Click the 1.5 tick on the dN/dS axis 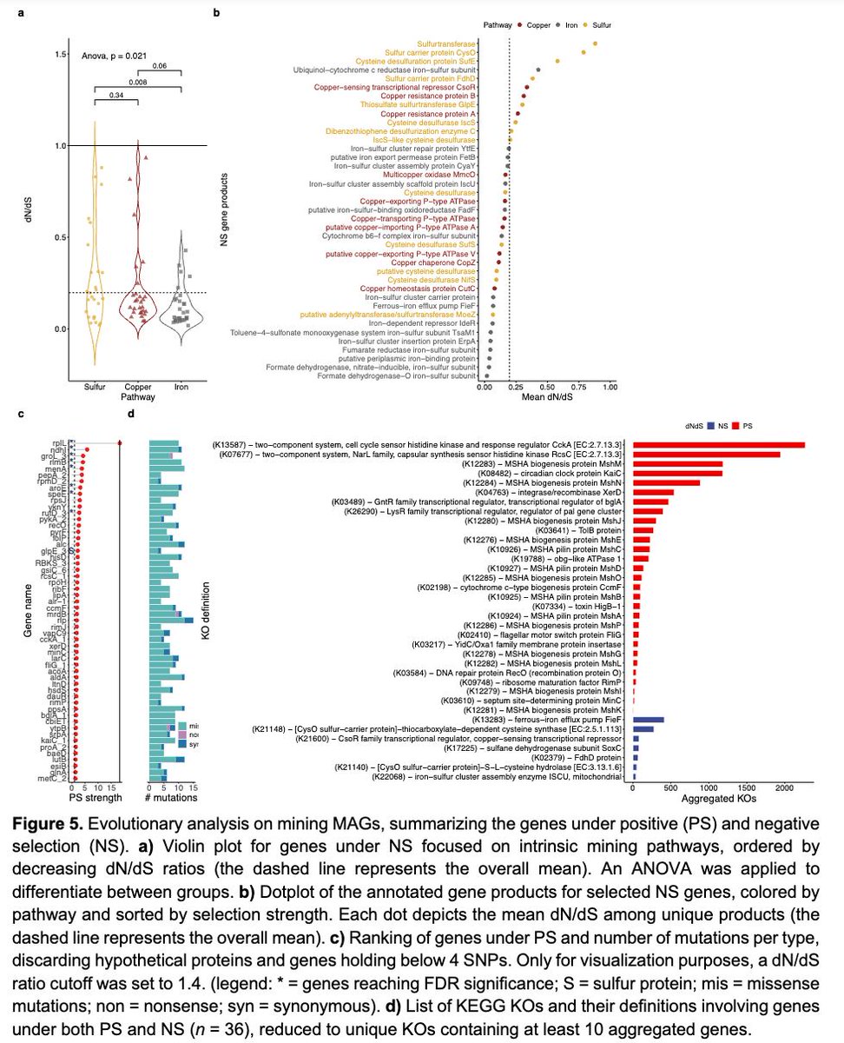click(x=61, y=55)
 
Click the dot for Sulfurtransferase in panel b click(x=595, y=43)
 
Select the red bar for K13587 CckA click(x=718, y=444)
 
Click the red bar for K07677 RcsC click(x=706, y=454)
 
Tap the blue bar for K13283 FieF click(x=649, y=720)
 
